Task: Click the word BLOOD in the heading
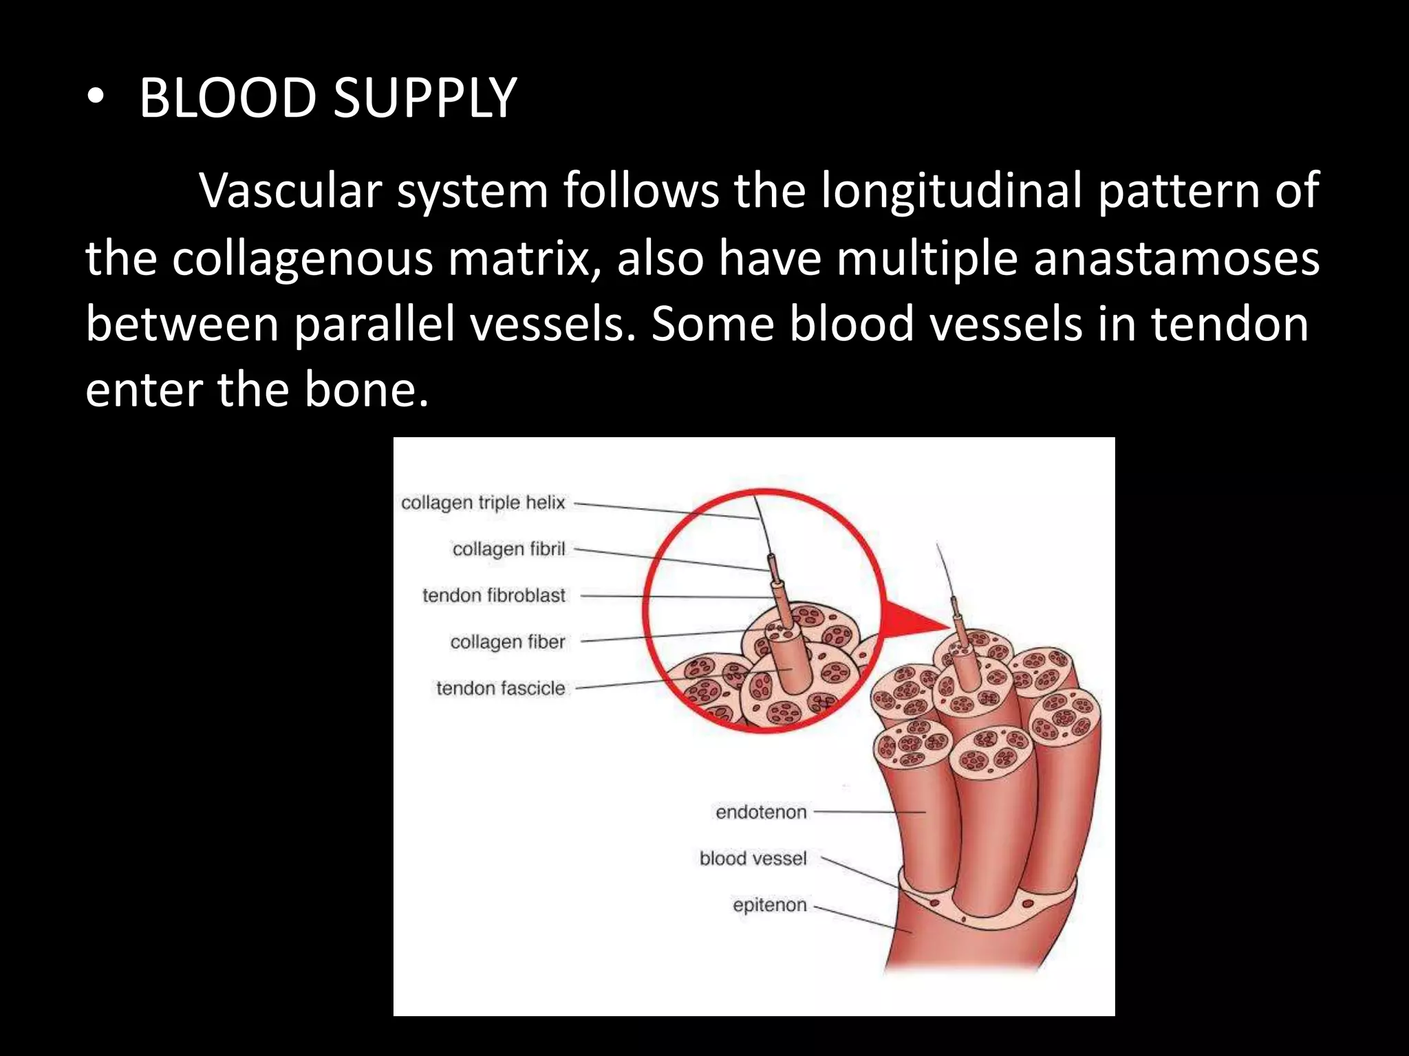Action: tap(227, 98)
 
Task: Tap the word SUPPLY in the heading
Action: tap(424, 98)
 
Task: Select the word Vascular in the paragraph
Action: tap(290, 190)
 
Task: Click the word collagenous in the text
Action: tap(303, 259)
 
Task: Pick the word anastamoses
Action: tap(1176, 259)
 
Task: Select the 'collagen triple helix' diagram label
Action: tap(483, 503)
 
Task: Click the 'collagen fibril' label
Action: tap(508, 549)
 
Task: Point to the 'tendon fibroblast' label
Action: tap(493, 595)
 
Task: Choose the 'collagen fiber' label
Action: tap(507, 641)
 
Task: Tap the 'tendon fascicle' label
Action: tap(500, 688)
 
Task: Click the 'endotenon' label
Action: tap(761, 812)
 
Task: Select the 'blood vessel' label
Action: tap(753, 858)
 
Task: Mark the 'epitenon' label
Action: tap(769, 905)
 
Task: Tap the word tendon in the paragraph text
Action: tap(1230, 324)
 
